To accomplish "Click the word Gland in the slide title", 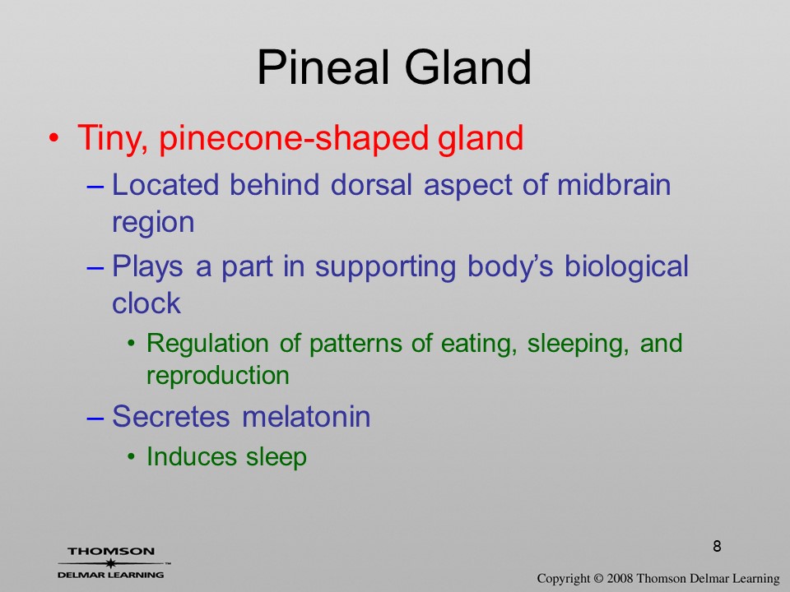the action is click(468, 67).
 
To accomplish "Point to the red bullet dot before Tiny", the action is click(54, 138).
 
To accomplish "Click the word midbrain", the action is click(614, 184).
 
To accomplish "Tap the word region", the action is click(153, 222).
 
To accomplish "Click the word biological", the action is click(626, 266).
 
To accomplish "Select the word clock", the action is click(146, 303).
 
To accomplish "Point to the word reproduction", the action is click(217, 376).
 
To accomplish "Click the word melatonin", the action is click(306, 416).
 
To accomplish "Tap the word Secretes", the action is click(171, 416).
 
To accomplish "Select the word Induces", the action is click(192, 456).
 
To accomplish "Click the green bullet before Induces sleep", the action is click(131, 457).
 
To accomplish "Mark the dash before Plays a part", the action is click(95, 267).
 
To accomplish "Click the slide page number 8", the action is click(717, 546).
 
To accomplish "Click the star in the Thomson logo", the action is click(110, 562).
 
